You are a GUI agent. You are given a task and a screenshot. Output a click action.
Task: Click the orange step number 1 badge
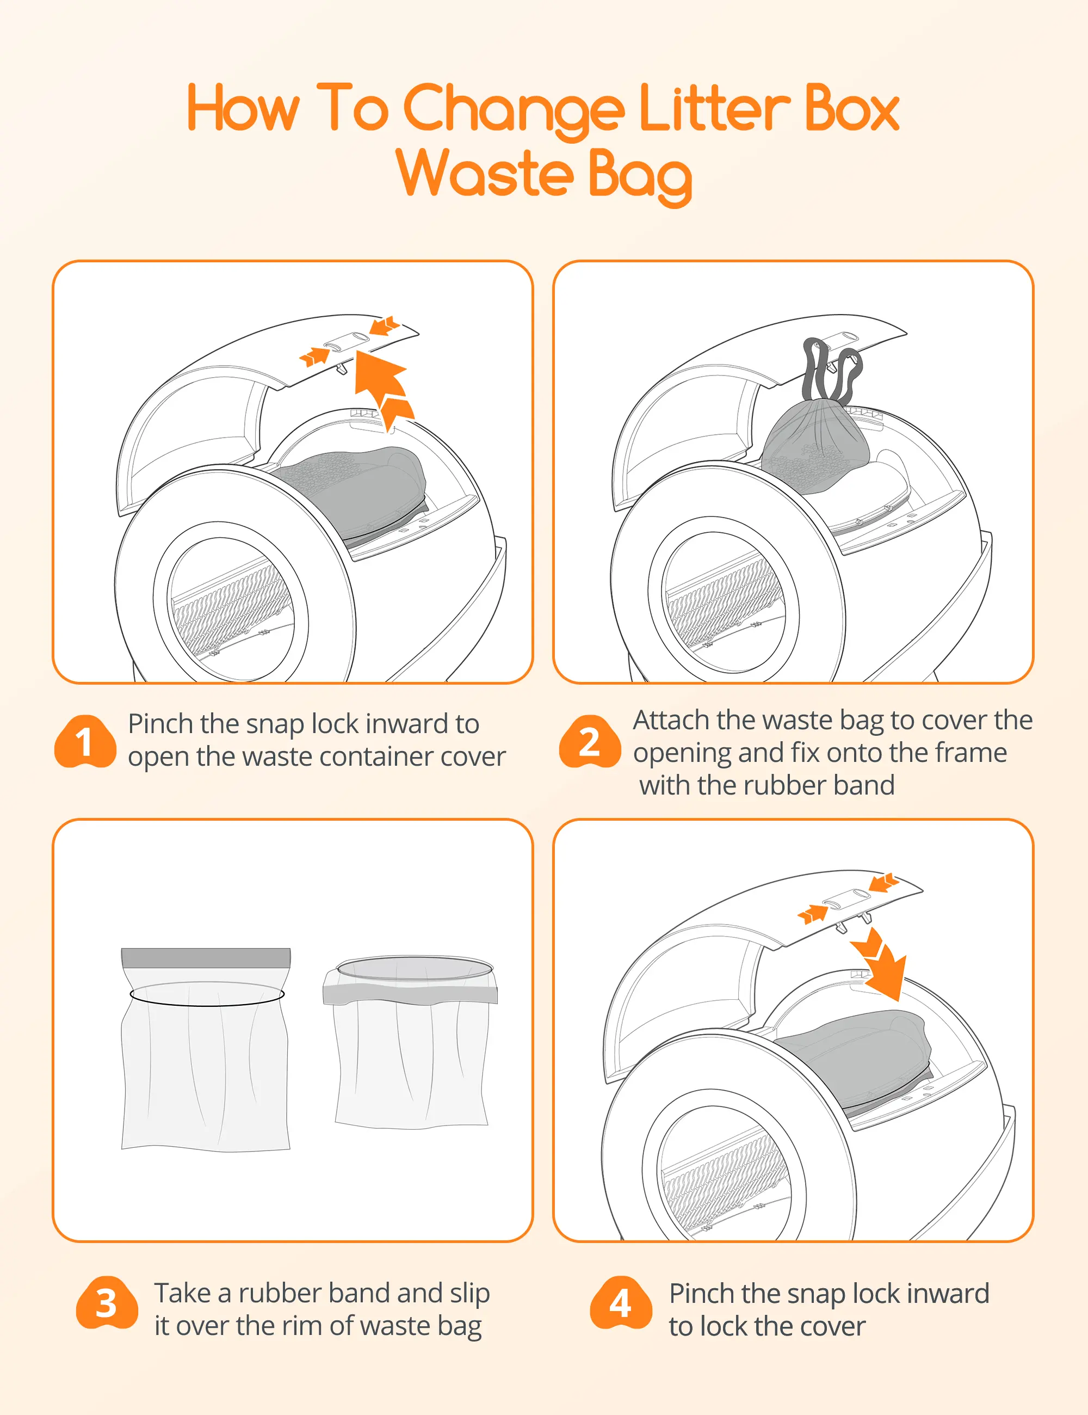tap(85, 741)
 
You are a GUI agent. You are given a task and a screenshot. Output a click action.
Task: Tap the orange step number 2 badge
tap(589, 741)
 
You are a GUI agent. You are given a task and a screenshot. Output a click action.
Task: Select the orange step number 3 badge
tap(107, 1303)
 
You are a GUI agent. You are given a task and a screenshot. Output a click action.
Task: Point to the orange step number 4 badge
tap(620, 1303)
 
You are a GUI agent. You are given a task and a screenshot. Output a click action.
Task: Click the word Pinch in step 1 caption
tap(160, 724)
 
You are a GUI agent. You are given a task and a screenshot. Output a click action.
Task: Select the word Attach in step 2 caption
tap(671, 721)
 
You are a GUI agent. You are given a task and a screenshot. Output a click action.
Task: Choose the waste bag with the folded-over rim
tap(411, 1042)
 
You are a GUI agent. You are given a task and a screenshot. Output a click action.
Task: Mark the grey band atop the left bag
tap(206, 958)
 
